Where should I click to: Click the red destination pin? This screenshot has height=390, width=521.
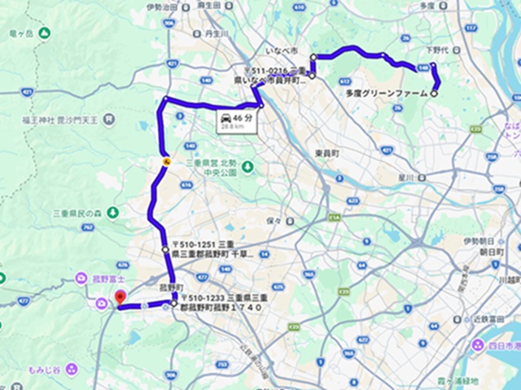120,298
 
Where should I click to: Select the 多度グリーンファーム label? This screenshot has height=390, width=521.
386,94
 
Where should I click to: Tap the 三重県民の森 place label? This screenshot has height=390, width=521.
74,213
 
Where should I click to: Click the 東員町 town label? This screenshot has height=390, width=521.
326,153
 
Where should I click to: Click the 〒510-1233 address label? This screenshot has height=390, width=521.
218,304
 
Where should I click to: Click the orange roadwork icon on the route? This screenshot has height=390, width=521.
165,161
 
